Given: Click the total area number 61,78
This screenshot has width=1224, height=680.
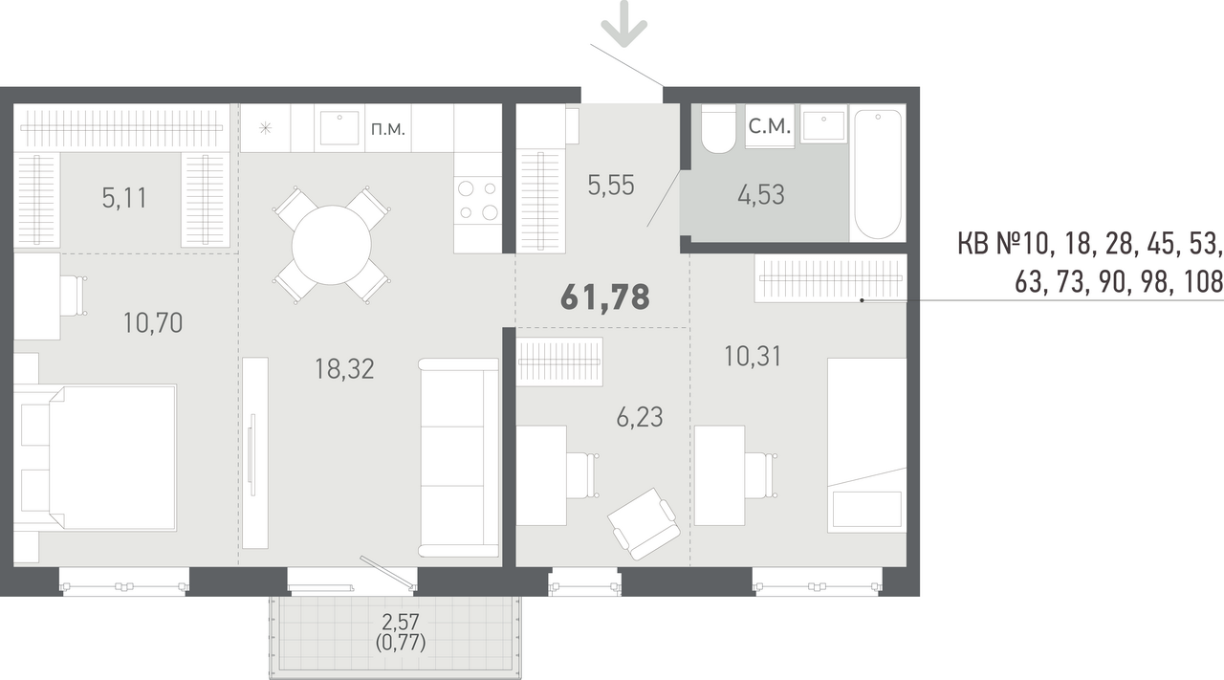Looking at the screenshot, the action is (605, 297).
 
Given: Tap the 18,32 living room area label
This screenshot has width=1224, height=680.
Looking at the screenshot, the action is (344, 369).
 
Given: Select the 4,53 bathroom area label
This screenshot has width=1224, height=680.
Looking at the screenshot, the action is (760, 194).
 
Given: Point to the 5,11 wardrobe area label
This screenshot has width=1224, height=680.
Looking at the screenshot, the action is (124, 198).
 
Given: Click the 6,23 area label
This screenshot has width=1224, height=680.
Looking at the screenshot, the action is (640, 418).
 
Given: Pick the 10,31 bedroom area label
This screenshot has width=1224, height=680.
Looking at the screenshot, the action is (753, 357).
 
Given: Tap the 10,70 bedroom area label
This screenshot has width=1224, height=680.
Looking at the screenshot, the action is (153, 323).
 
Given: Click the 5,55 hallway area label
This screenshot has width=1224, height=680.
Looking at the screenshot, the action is (611, 186).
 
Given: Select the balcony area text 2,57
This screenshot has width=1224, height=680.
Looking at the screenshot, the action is (400, 623).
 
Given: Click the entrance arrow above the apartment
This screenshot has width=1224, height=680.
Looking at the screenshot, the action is (624, 24).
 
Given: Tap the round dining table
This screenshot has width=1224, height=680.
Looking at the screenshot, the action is (332, 246).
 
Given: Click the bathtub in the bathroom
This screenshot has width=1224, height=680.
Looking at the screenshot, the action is (878, 173).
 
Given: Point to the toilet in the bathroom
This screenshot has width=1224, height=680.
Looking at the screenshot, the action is (718, 129).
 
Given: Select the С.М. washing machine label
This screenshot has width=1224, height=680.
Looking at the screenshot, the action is (770, 127).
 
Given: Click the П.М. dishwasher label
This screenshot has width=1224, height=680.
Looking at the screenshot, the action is (388, 129).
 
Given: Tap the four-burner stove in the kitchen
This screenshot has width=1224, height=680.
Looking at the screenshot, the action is (478, 201).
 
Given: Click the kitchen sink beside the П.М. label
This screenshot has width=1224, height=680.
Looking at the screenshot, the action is (339, 128).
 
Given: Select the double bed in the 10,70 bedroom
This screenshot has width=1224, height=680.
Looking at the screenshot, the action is (95, 457).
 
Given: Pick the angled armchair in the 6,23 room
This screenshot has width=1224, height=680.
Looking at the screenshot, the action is (644, 524).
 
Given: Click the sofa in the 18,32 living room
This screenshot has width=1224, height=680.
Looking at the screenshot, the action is (458, 457).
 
